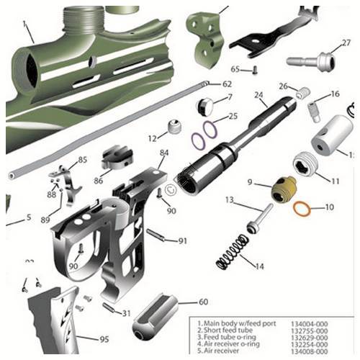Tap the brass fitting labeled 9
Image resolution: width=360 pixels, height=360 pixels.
(276, 190)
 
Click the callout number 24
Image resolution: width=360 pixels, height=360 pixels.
(258, 94)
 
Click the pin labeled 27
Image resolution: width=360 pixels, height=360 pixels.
(311, 61)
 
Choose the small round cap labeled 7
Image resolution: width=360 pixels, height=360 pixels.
(204, 107)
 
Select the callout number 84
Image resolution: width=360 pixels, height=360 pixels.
(164, 153)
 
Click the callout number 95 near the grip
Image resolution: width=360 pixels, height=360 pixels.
(104, 339)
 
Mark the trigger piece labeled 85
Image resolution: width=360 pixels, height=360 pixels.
(66, 177)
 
